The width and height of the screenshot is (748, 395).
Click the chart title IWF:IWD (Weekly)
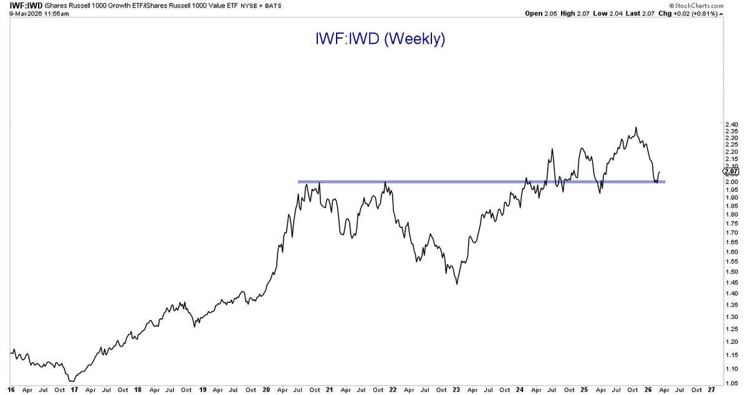tap(380, 39)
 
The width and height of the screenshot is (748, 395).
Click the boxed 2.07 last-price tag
tap(731, 171)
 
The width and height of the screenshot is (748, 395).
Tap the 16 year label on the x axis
tap(11, 390)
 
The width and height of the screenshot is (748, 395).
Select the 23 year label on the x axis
tap(456, 390)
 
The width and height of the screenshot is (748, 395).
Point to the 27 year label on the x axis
tap(712, 390)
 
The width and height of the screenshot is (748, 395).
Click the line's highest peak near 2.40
tap(636, 128)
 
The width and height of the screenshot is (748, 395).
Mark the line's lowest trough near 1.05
tap(72, 381)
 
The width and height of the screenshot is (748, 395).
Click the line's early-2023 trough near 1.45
tap(457, 284)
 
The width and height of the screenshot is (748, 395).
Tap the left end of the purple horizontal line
tap(299, 182)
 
